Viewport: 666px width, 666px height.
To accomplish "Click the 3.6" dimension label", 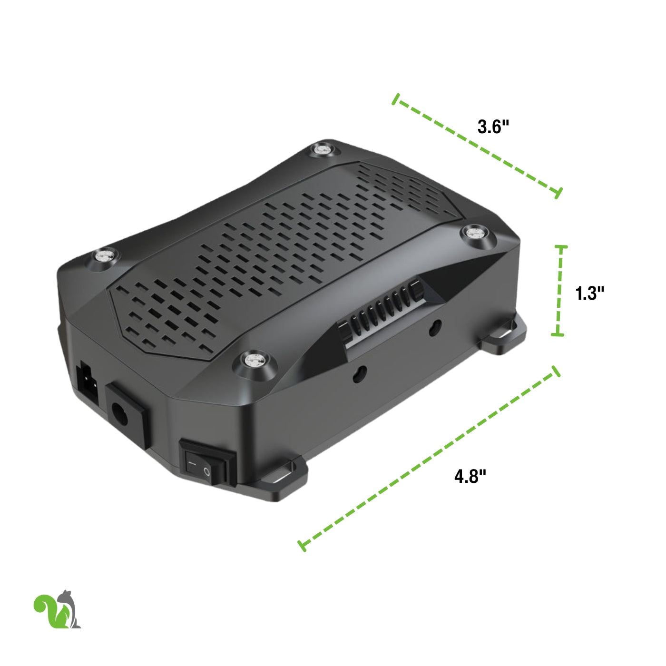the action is (493, 127).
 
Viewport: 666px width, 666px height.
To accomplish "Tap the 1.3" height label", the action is (589, 293).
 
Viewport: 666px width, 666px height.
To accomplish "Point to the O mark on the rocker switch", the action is (206, 471).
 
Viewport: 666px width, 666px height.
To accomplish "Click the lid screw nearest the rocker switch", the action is (255, 361).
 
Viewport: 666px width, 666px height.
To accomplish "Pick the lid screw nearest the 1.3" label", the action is (478, 233).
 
